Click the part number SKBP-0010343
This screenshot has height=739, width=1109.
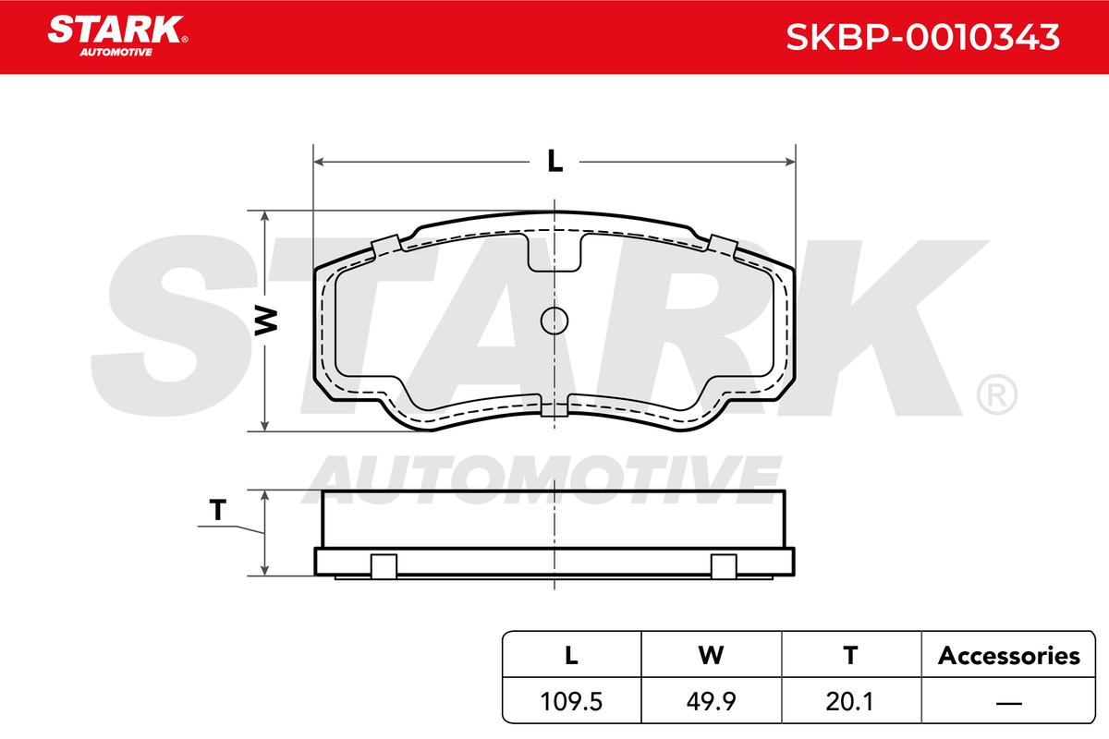922,37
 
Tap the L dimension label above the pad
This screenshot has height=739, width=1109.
555,161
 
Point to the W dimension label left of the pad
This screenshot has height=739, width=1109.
266,321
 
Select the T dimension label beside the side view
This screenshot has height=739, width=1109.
218,509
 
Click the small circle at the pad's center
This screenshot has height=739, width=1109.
554,321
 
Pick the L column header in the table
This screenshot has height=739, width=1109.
571,655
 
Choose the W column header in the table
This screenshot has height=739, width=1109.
711,655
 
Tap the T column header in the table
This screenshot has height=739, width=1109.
850,655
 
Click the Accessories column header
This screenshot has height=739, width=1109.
1009,656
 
